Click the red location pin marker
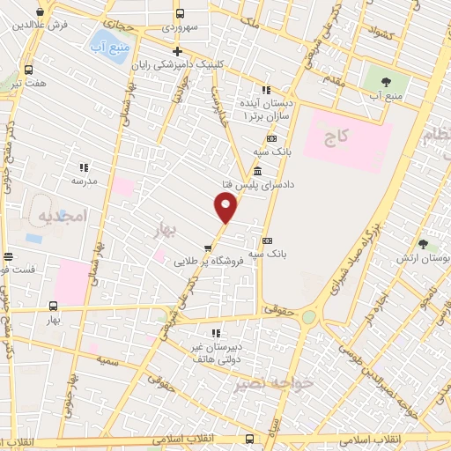[225, 208]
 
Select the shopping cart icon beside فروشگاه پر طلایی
[208, 248]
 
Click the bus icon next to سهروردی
[180, 14]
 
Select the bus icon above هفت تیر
[29, 70]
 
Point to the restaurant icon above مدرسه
[84, 167]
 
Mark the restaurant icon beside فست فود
[8, 256]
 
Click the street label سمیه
[109, 361]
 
